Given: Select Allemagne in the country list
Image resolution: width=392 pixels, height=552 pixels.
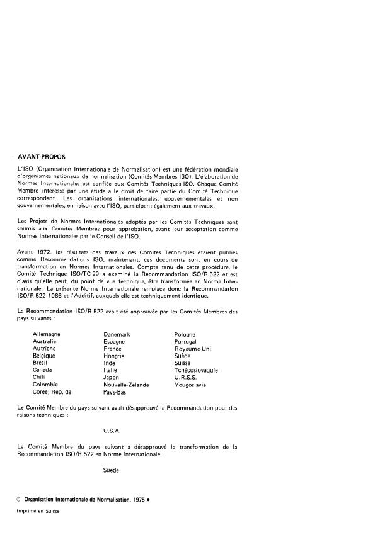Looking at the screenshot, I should [49, 334].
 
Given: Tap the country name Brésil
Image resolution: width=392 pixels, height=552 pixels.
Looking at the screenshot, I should [41, 363].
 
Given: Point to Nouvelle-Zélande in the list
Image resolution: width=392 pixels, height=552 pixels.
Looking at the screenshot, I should [126, 383].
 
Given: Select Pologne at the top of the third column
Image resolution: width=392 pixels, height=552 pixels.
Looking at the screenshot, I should [185, 334].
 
